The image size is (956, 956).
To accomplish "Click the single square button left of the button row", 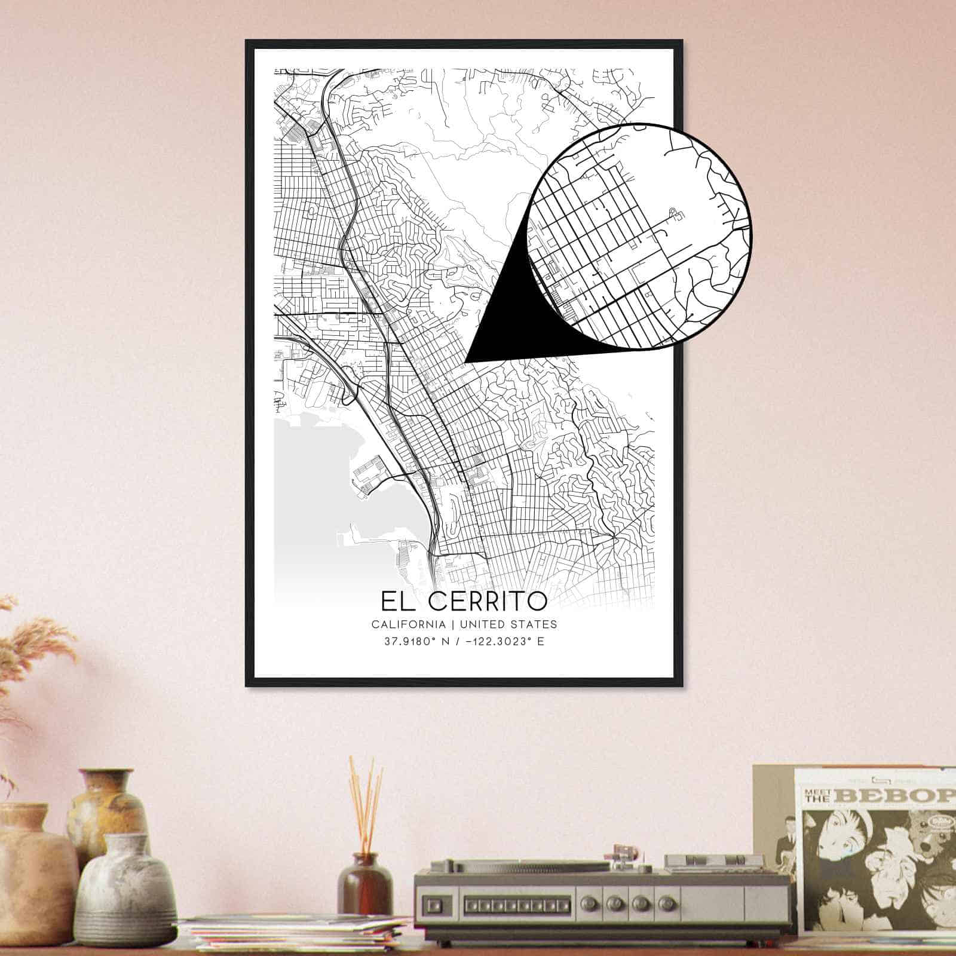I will point(435,902).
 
